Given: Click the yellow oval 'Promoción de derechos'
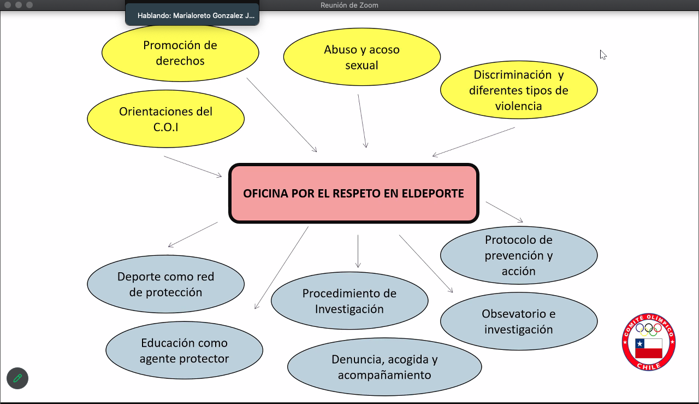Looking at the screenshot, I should pos(180,53).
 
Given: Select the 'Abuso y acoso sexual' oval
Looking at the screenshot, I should pos(362,57).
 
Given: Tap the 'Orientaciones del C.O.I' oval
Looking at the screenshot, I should pos(165,119).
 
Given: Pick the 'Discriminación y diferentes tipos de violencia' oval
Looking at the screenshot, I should pos(518,90).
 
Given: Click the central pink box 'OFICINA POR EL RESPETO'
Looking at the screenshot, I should pos(353,194).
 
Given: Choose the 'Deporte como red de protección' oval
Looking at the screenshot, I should pos(165,284).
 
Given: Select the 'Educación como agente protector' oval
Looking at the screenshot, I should pos(184,350).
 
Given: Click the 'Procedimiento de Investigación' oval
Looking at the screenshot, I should pos(349,301).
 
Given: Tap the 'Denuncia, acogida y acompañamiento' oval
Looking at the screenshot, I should pos(384,367).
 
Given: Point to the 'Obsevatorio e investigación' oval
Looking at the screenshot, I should pos(518,321).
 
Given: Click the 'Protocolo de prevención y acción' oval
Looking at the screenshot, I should pos(518,255).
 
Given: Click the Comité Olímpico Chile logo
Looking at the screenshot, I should pos(649,342).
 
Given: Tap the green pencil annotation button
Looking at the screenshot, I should pos(17,378).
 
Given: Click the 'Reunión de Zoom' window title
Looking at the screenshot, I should pos(349,5).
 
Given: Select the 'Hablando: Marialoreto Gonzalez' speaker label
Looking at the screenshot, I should pos(196,16).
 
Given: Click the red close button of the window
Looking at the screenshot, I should pos(8,5).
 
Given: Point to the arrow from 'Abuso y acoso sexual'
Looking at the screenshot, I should pos(362,121).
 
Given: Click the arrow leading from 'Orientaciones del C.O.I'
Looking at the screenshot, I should pos(193,166).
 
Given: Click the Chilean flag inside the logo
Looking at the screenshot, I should pos(649,348).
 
